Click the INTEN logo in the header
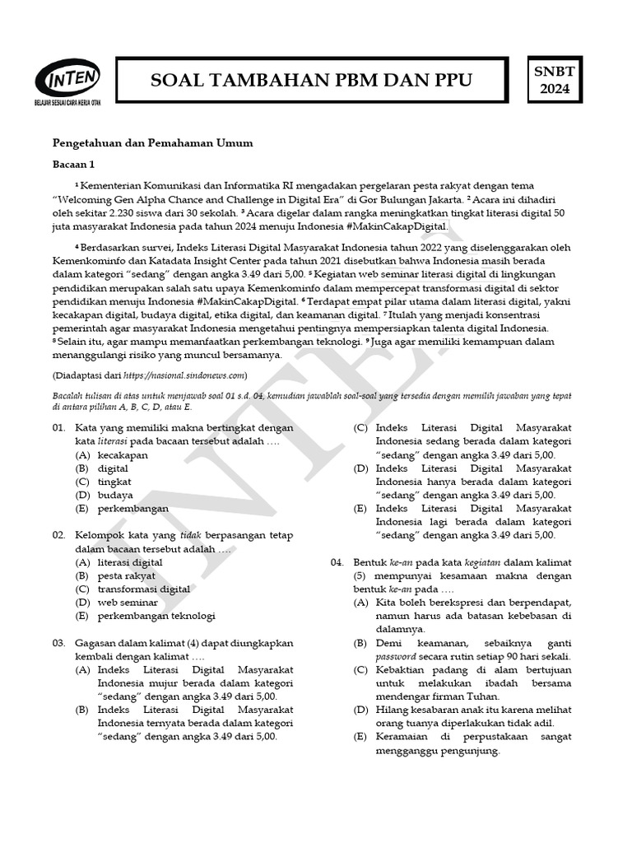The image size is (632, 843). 67,82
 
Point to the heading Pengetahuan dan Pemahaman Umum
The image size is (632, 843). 152,142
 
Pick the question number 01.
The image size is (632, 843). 59,428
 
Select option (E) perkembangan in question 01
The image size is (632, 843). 132,508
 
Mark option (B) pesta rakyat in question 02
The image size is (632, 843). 125,575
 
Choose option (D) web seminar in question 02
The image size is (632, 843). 127,603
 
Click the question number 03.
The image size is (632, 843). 59,642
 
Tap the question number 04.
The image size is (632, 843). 338,561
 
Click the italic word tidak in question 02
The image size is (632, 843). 190,535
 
